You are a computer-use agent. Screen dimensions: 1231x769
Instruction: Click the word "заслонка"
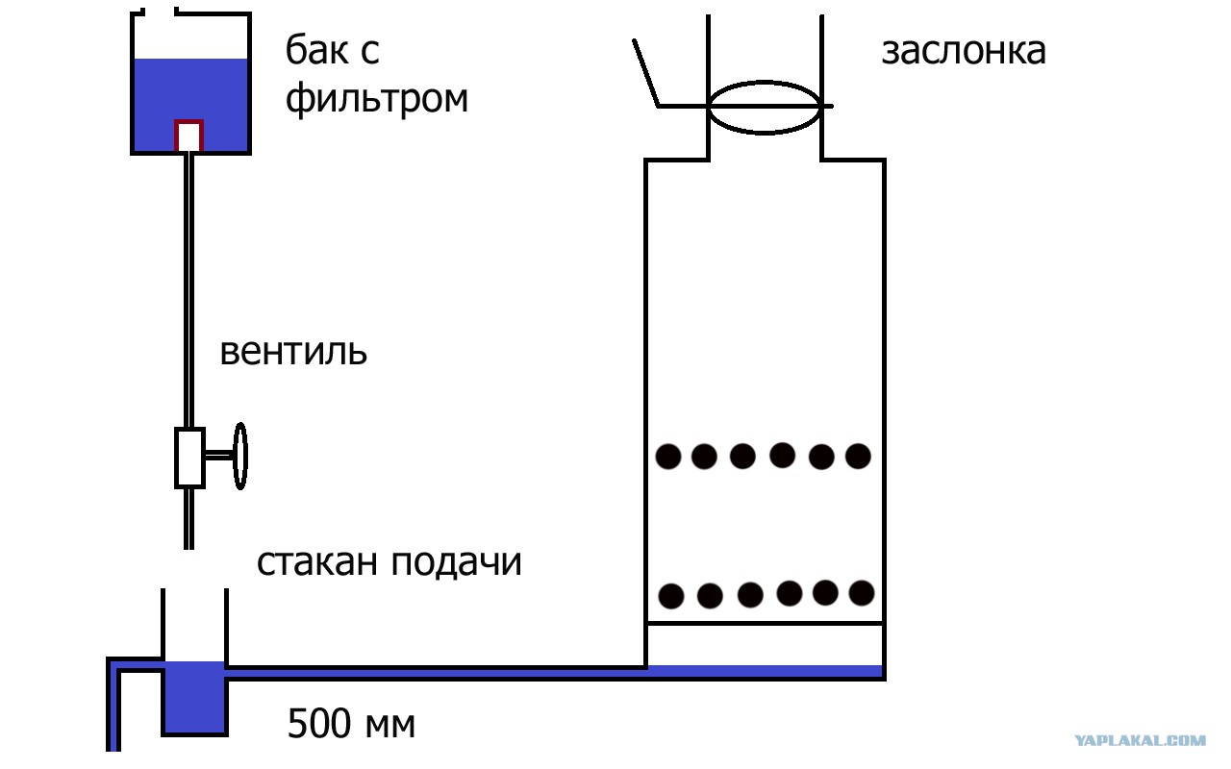[x=964, y=52]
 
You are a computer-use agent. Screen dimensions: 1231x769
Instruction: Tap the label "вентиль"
[x=293, y=352]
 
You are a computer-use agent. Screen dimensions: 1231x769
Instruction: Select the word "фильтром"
[x=376, y=99]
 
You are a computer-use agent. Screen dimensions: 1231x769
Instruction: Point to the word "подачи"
[x=456, y=563]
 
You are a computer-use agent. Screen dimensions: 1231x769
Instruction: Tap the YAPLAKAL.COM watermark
[x=1141, y=740]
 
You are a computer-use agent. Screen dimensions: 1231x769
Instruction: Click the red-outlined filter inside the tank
[x=189, y=136]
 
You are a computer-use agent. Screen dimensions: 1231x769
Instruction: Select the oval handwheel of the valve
[x=240, y=456]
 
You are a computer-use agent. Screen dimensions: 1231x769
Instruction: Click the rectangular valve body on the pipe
[x=189, y=458]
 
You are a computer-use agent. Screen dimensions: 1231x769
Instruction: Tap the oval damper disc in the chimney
[x=765, y=107]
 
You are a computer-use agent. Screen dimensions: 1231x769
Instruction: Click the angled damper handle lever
[x=646, y=72]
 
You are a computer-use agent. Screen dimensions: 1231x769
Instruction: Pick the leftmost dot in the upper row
[x=668, y=457]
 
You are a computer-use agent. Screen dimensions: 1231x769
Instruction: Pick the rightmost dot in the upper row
[x=858, y=456]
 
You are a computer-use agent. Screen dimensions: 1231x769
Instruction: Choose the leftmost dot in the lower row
[x=671, y=596]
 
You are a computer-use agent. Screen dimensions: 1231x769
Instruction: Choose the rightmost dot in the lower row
[x=862, y=593]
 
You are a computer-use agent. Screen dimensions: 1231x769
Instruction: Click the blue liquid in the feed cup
[x=194, y=697]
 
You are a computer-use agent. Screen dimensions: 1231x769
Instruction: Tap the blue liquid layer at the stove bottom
[x=765, y=671]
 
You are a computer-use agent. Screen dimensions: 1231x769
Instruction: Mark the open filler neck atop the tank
[x=160, y=11]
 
